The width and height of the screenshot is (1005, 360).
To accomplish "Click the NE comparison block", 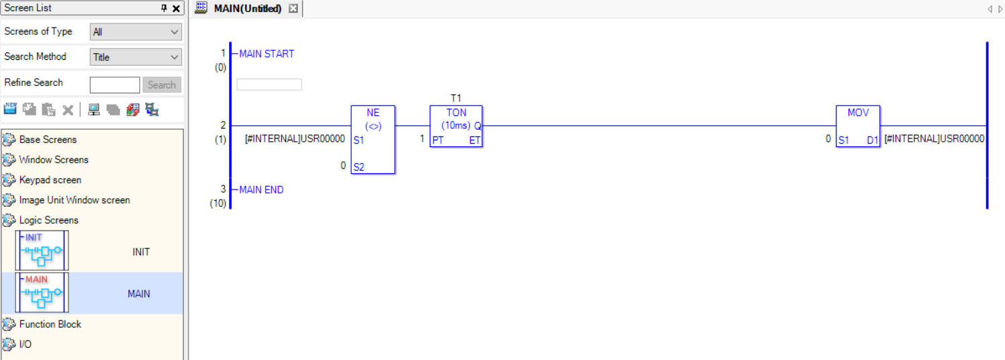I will click(x=373, y=139).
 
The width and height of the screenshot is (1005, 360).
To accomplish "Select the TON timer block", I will click(x=456, y=126).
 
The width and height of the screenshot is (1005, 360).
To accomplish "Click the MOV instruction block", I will click(x=857, y=126).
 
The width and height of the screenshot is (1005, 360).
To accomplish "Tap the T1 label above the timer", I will click(x=456, y=98).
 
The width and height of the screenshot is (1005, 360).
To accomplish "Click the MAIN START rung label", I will click(x=267, y=54).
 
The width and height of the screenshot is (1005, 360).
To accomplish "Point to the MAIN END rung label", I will click(x=261, y=190).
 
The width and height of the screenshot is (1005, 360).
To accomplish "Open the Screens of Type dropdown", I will click(x=136, y=32).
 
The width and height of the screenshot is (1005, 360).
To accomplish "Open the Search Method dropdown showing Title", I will click(x=136, y=57).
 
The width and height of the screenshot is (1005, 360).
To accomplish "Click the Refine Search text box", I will click(x=115, y=85).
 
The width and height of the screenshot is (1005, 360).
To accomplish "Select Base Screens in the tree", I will click(x=48, y=140).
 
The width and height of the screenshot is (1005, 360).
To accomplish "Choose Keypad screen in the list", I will click(x=50, y=180).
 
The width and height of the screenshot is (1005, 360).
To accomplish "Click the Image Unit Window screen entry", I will click(x=75, y=200).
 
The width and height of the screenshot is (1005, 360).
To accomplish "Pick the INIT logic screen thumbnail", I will click(x=42, y=251).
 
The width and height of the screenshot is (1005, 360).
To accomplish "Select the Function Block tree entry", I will click(x=50, y=324).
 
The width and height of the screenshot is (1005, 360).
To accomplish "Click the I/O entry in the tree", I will click(x=25, y=345).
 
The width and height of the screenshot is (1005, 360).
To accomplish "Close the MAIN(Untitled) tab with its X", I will click(x=293, y=9).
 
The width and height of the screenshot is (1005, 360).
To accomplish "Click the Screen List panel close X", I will click(x=176, y=9).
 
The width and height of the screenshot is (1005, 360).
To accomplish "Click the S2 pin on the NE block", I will click(x=358, y=167).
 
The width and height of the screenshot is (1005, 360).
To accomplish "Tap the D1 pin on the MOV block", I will click(x=872, y=140).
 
